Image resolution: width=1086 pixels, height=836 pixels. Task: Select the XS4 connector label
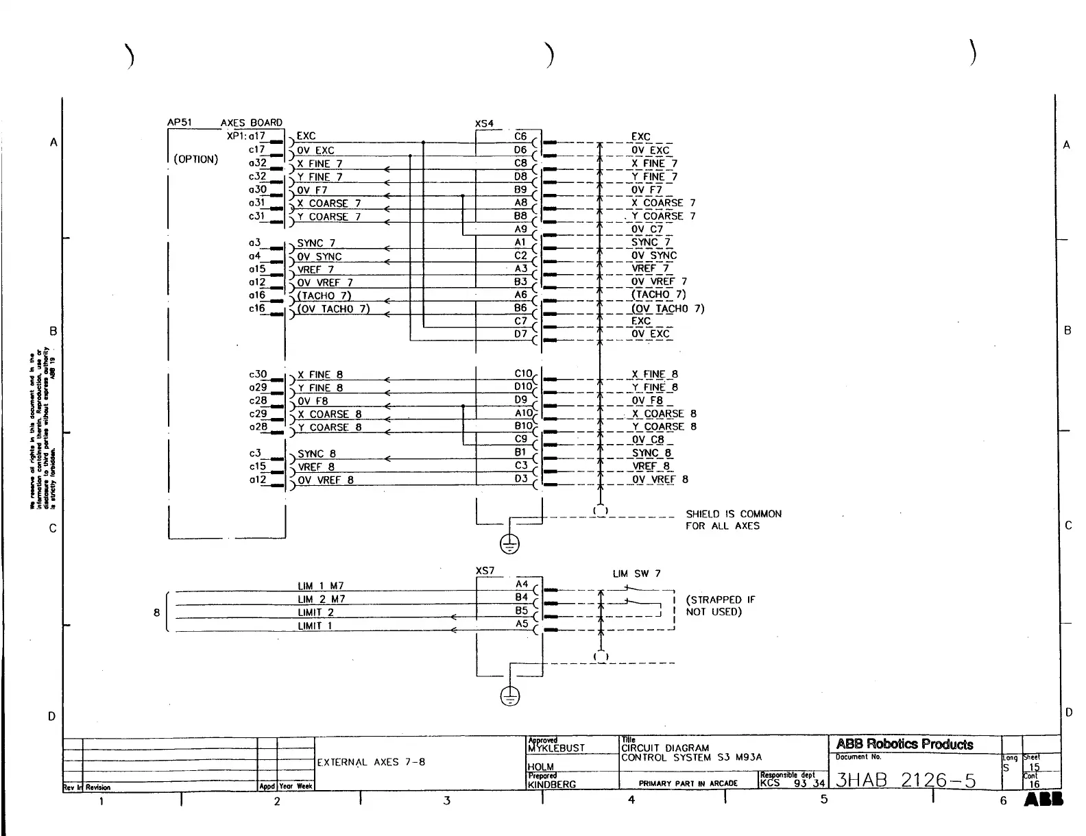click(x=484, y=124)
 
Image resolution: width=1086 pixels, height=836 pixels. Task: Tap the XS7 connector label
click(x=485, y=571)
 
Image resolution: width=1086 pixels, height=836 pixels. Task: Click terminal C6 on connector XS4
click(x=521, y=136)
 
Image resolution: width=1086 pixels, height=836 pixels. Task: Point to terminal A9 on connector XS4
click(x=521, y=229)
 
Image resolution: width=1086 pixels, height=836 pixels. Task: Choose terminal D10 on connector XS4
click(x=523, y=387)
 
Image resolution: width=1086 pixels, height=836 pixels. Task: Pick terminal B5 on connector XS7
click(x=522, y=611)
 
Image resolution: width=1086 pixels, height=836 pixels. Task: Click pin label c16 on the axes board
click(x=257, y=308)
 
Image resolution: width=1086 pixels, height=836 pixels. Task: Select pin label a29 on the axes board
click(x=258, y=387)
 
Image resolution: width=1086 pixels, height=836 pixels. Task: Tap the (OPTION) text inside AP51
click(x=196, y=160)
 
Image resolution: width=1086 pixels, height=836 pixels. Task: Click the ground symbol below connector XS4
click(x=509, y=545)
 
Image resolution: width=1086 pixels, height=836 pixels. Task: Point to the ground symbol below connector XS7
click(x=509, y=697)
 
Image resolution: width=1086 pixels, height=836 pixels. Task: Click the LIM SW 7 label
click(x=636, y=574)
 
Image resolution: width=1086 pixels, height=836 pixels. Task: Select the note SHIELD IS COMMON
click(x=733, y=514)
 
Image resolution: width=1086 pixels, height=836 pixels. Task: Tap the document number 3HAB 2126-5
click(x=906, y=780)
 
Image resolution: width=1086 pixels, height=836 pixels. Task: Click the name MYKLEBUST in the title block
click(x=557, y=748)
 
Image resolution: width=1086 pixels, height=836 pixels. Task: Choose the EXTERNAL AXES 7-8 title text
click(x=371, y=762)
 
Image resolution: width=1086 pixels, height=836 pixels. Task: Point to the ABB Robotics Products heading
click(x=904, y=745)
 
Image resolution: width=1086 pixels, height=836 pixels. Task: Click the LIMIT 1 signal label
click(x=315, y=626)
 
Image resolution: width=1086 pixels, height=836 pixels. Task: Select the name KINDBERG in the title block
click(x=552, y=785)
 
